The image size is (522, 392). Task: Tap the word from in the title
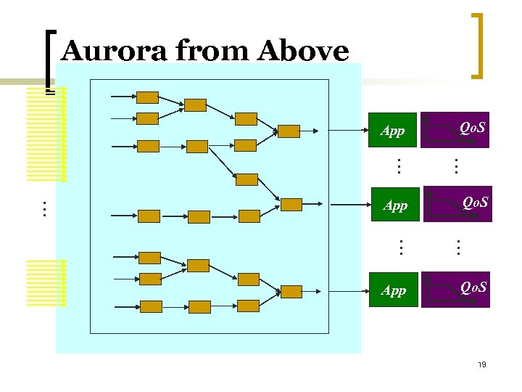point(210,52)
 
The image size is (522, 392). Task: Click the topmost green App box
point(394,131)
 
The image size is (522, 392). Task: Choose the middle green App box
point(395,205)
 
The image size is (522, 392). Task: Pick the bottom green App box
point(394,290)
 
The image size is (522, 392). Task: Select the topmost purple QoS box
point(456,130)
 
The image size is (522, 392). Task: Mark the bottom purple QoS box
point(457,290)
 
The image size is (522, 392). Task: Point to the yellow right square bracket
point(477,45)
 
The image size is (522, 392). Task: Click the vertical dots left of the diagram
point(43,209)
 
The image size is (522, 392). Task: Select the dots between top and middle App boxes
point(398,166)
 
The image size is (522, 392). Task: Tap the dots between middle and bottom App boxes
point(398,248)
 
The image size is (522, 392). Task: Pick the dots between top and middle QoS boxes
point(455,166)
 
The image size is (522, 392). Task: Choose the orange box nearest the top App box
point(289,131)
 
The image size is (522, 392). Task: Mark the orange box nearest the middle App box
point(291,204)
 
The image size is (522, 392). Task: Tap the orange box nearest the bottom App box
point(291,291)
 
